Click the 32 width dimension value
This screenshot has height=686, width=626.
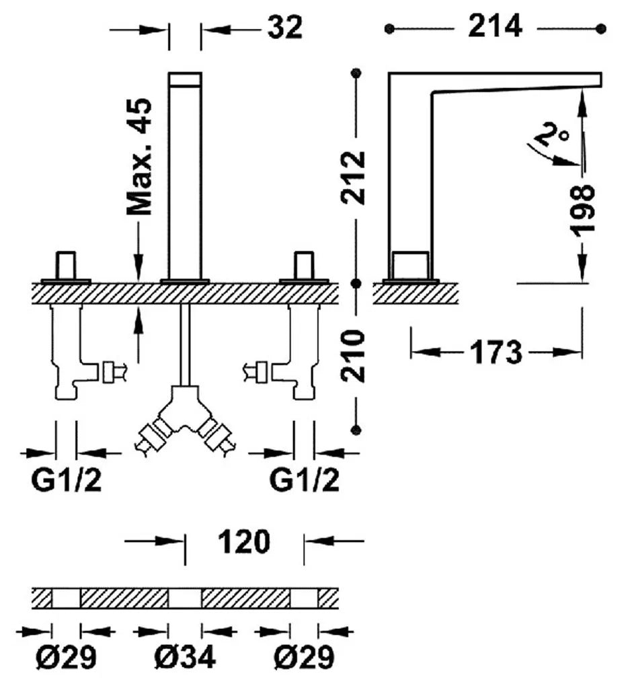pos(285,27)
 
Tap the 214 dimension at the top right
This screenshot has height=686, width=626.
pos(495,26)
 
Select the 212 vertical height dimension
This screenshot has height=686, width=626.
pos(352,178)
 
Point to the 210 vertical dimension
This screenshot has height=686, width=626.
pos(352,356)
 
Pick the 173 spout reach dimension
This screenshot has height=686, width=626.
pos(496,352)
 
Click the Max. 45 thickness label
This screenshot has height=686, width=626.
pos(140,156)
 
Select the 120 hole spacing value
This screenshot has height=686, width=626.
pos(244,541)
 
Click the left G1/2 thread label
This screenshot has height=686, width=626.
pos(67,480)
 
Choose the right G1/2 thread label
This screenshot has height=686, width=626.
pos(305,480)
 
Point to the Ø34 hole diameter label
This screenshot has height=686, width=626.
pos(186,656)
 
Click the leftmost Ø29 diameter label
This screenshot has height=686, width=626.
pos(66,656)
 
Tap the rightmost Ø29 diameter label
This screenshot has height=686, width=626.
pos(305,656)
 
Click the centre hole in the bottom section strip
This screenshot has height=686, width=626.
pos(185,599)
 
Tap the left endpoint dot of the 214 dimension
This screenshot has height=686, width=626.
pos(389,29)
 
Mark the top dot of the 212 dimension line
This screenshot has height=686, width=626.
pos(356,73)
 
